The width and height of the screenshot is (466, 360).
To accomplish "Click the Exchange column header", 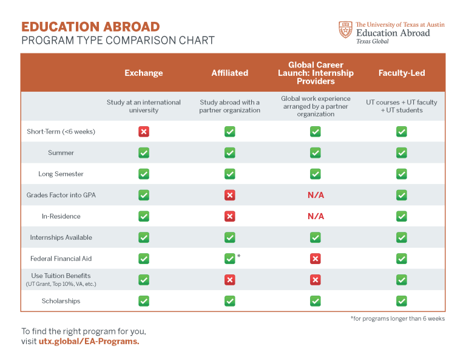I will (144, 73).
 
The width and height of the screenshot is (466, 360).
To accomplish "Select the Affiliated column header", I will (229, 73).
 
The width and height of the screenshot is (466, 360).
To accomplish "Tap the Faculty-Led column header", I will (401, 73).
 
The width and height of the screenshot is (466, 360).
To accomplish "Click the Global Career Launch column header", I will (316, 73).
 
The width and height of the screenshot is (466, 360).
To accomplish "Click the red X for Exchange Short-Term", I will (144, 132).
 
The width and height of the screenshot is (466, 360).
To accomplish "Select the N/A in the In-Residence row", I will (316, 216).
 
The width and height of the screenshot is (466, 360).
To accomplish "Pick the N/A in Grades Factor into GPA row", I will (316, 195).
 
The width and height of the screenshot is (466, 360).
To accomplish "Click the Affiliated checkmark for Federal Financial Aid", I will (229, 259).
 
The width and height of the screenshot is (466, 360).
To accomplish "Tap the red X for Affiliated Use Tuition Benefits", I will (229, 280).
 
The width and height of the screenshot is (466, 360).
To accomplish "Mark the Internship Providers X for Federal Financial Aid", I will (316, 259).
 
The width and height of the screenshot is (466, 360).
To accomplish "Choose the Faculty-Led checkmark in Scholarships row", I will (401, 301).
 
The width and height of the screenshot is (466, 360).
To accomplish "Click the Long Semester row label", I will (61, 174).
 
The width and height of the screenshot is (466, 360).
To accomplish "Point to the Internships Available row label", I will (61, 237).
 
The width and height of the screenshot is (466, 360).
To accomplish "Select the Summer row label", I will (61, 153).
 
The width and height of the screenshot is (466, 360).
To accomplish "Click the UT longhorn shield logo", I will (345, 30).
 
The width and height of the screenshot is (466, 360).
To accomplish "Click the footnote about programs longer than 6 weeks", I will (397, 319).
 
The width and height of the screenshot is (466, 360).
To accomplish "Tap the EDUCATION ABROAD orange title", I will (90, 27).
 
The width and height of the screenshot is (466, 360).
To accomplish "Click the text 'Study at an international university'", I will (144, 106).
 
